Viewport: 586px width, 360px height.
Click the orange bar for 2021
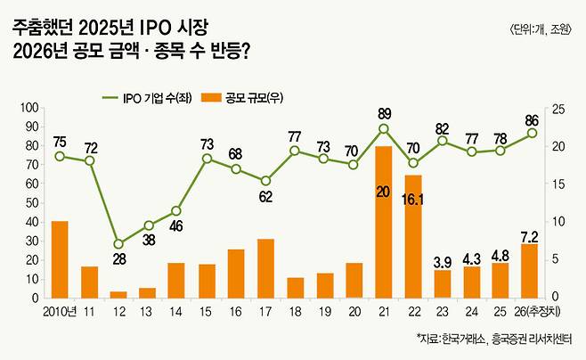(x=384, y=221)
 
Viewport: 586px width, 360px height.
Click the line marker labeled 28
(x=118, y=243)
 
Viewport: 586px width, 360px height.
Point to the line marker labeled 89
(x=384, y=128)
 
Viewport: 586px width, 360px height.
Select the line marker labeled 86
(x=532, y=133)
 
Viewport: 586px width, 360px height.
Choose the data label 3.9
(x=443, y=263)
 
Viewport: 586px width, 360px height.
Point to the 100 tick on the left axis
(x=28, y=108)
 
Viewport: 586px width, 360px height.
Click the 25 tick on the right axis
(x=560, y=108)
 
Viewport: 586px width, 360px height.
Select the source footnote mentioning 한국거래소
(x=495, y=339)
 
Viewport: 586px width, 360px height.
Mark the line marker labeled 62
(x=265, y=181)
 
